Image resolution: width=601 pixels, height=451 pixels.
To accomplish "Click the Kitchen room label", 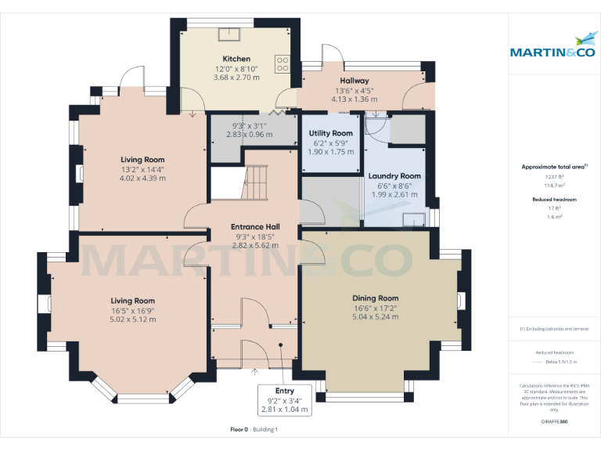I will click(x=236, y=59).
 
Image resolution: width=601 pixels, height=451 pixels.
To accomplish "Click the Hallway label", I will click(x=354, y=81).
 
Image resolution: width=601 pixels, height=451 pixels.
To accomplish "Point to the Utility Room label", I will click(x=330, y=133).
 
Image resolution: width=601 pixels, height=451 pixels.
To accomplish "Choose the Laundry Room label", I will click(x=395, y=176).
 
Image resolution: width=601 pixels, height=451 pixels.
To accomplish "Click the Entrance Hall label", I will click(x=256, y=227).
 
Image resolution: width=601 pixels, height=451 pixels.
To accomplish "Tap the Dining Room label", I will click(x=375, y=298).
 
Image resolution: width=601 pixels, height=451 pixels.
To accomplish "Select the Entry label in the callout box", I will click(x=285, y=390).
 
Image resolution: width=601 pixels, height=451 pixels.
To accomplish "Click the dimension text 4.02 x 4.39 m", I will click(x=142, y=179).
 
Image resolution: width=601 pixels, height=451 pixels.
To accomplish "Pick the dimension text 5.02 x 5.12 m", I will click(x=132, y=319).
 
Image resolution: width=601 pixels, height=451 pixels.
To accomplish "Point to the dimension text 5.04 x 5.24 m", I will click(x=375, y=317).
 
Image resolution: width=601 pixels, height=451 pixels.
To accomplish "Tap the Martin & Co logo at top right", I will click(x=553, y=47).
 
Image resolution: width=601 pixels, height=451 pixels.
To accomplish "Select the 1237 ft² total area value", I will click(x=554, y=178).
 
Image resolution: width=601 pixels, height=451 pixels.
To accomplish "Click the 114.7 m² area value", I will click(x=554, y=186).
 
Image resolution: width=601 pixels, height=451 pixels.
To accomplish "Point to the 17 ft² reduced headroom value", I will click(x=554, y=208).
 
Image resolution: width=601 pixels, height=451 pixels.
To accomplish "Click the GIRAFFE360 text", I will click(x=554, y=421).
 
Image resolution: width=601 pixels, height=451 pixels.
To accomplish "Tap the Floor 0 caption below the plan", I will click(x=239, y=430).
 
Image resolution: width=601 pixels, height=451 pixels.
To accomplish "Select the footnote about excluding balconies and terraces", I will click(x=554, y=329).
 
